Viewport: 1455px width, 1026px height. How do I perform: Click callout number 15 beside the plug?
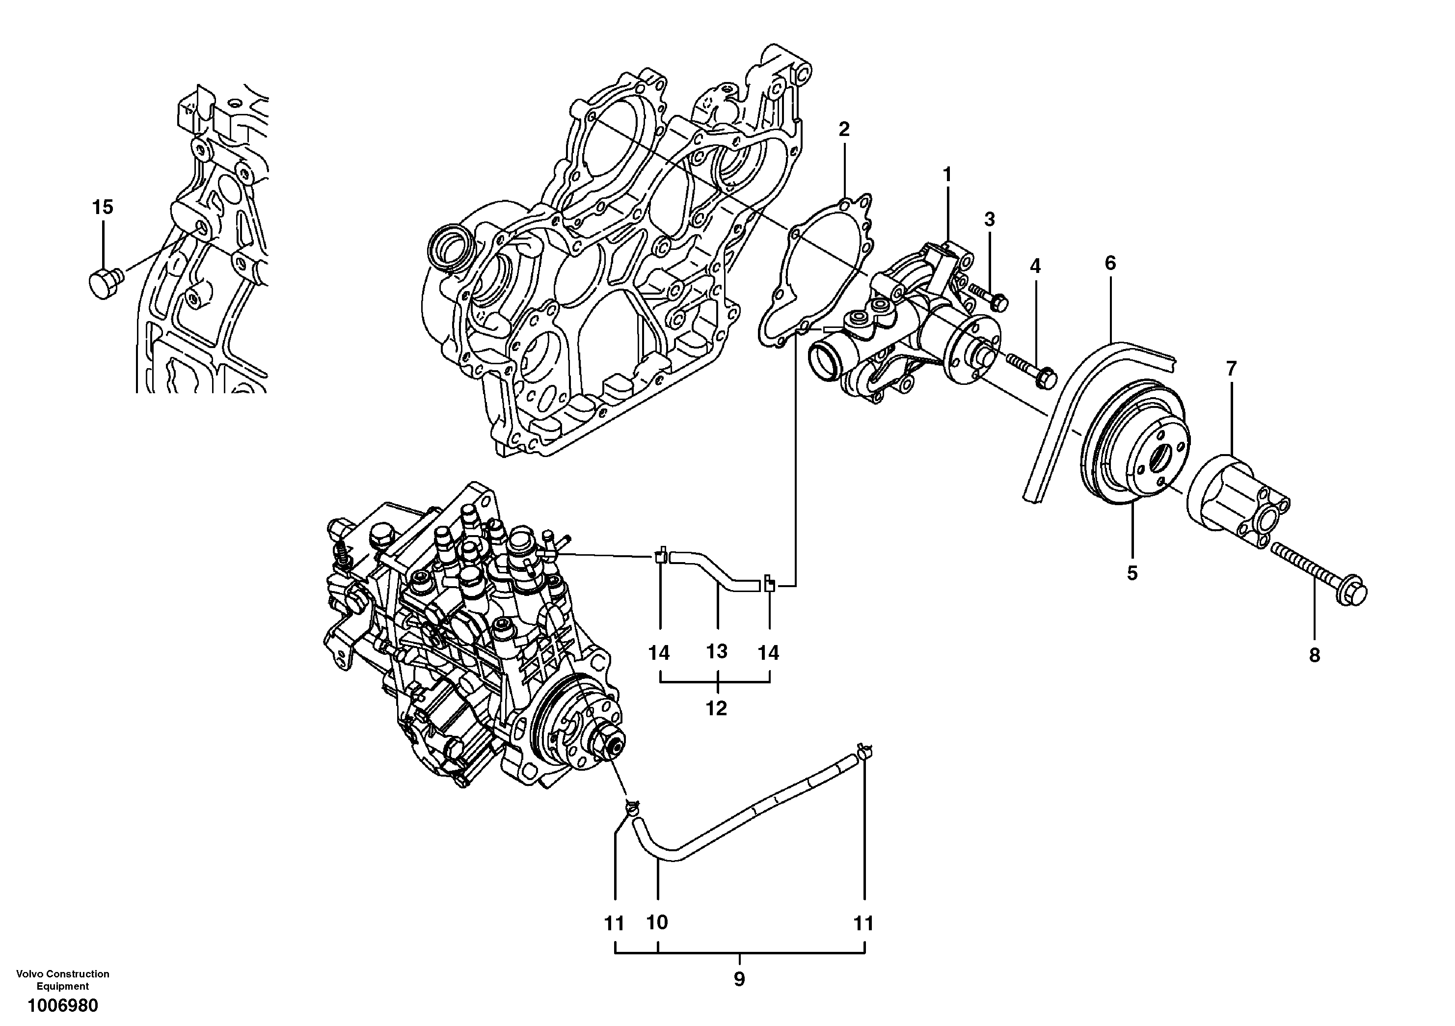[x=103, y=207]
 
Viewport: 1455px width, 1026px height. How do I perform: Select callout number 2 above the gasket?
[x=843, y=129]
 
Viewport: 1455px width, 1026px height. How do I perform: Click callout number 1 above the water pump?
[x=947, y=174]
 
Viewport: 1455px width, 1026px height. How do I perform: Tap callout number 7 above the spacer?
[x=1231, y=368]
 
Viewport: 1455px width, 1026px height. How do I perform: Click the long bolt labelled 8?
[x=1318, y=573]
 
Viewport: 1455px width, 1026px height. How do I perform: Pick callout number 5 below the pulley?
[x=1132, y=573]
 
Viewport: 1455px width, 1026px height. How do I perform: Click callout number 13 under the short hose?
[x=717, y=651]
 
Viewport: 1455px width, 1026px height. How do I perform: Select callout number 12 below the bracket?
[x=716, y=708]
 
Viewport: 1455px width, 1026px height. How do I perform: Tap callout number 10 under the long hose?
[x=657, y=923]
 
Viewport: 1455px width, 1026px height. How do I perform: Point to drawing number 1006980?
[x=63, y=1006]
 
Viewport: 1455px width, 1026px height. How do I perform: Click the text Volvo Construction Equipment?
[x=63, y=980]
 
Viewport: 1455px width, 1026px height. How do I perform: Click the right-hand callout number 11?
[x=863, y=924]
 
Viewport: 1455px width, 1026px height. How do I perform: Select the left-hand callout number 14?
[x=659, y=652]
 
